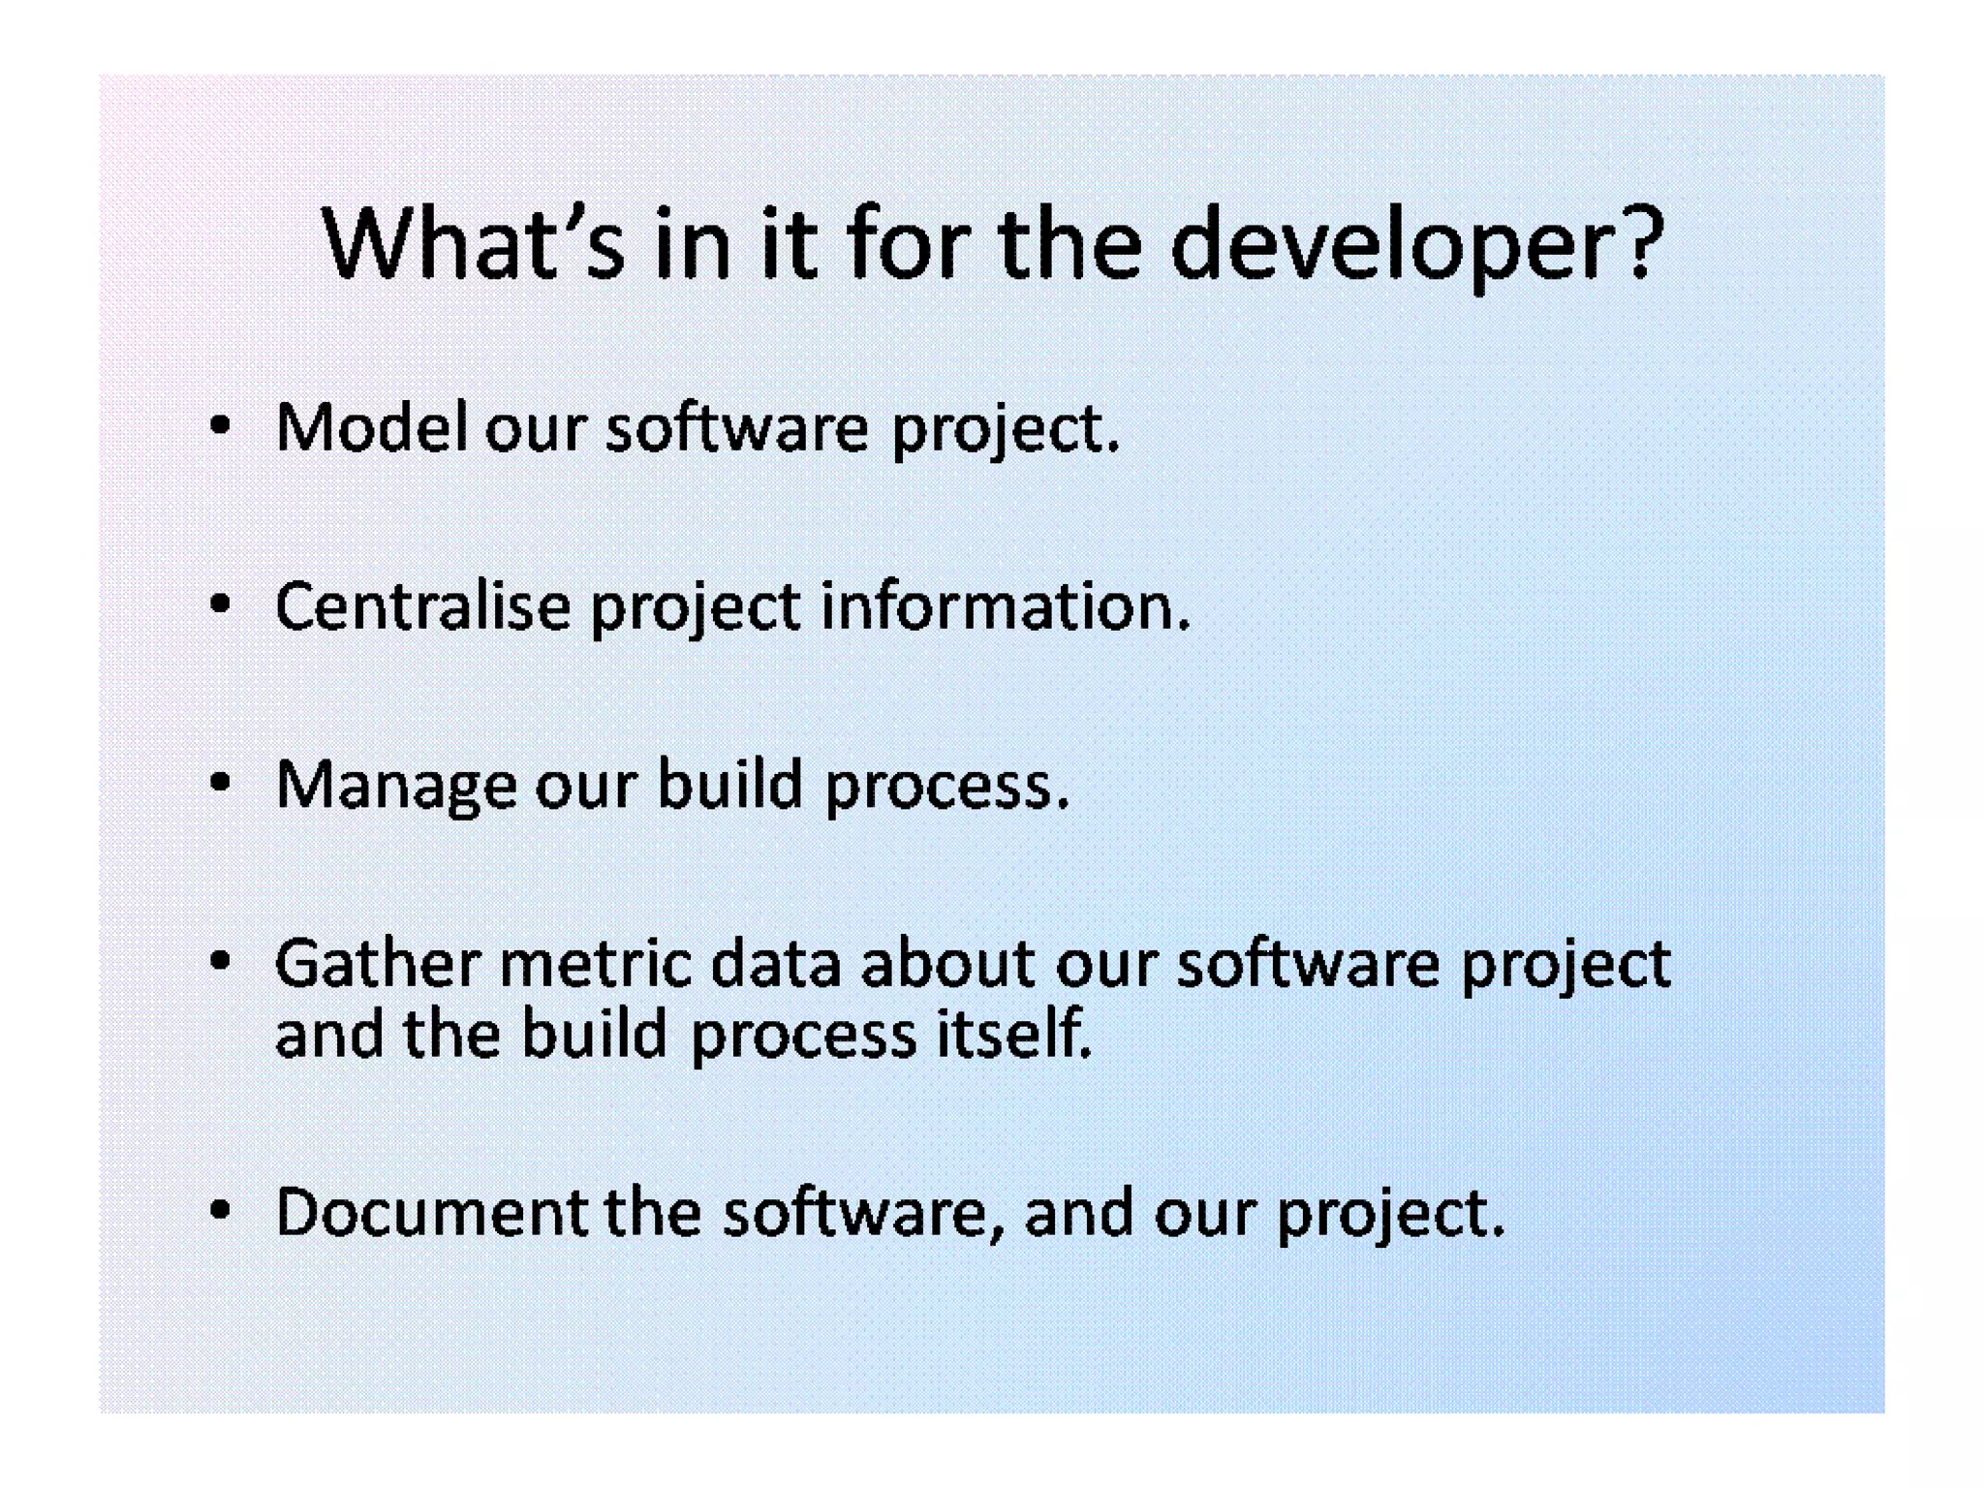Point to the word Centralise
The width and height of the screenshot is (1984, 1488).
click(x=422, y=606)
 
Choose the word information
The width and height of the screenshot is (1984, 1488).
click(x=1005, y=606)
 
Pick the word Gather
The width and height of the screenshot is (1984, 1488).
click(x=378, y=963)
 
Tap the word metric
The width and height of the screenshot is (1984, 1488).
click(x=596, y=963)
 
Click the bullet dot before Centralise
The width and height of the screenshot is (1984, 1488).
click(x=221, y=604)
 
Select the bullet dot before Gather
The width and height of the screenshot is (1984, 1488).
click(x=221, y=960)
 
